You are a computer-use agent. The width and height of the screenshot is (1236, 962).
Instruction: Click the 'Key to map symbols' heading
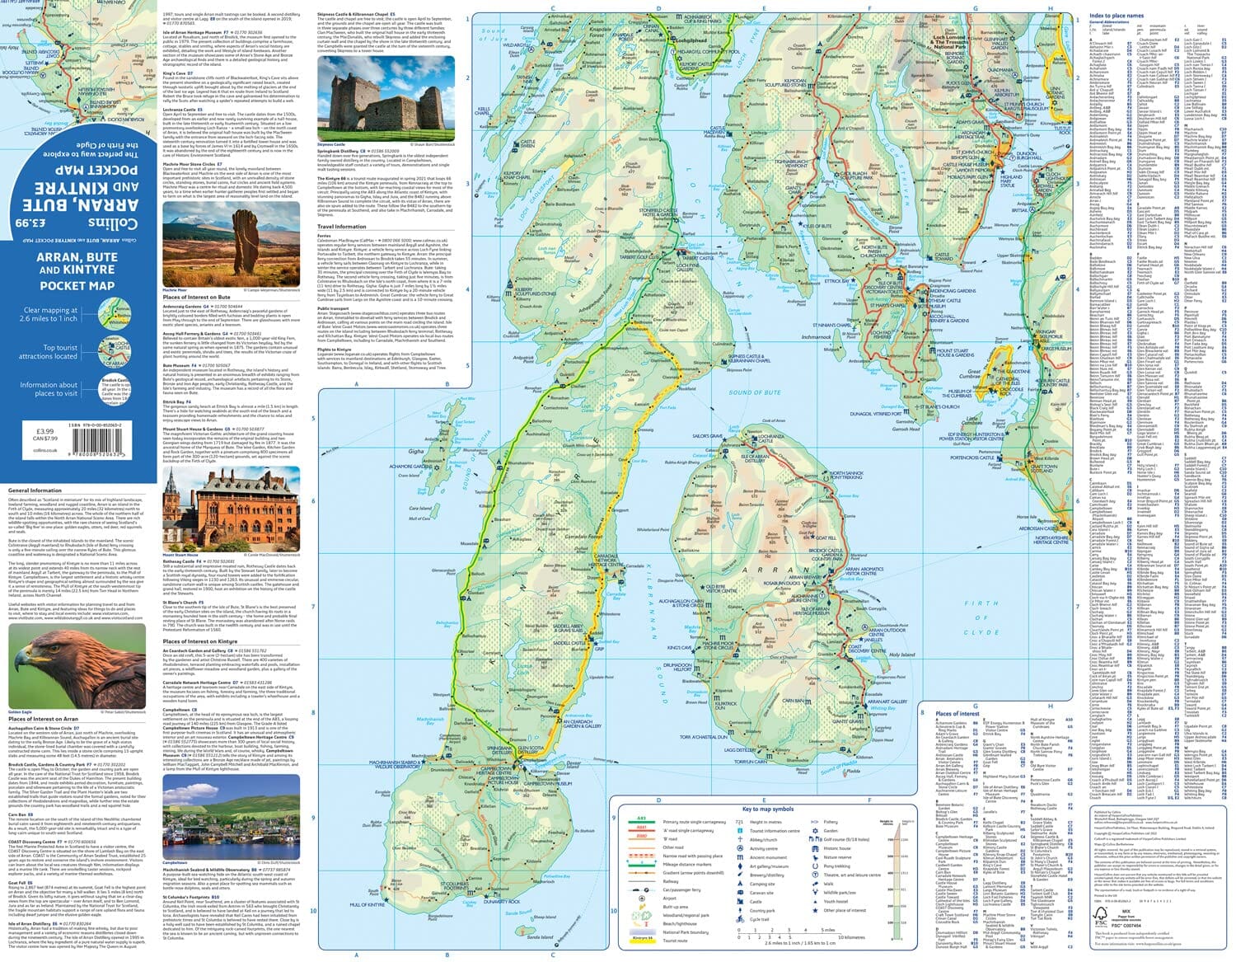coord(767,809)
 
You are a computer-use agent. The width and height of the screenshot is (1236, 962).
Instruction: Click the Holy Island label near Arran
coord(902,655)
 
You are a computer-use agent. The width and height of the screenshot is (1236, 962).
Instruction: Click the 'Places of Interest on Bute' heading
coord(196,297)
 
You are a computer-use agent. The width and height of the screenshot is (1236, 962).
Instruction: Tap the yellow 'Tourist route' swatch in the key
coord(641,941)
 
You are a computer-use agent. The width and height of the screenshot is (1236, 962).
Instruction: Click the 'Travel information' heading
coord(341,227)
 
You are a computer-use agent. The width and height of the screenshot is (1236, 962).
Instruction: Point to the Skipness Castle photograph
coord(385,97)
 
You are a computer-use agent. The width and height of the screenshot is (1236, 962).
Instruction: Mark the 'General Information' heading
coord(35,490)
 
